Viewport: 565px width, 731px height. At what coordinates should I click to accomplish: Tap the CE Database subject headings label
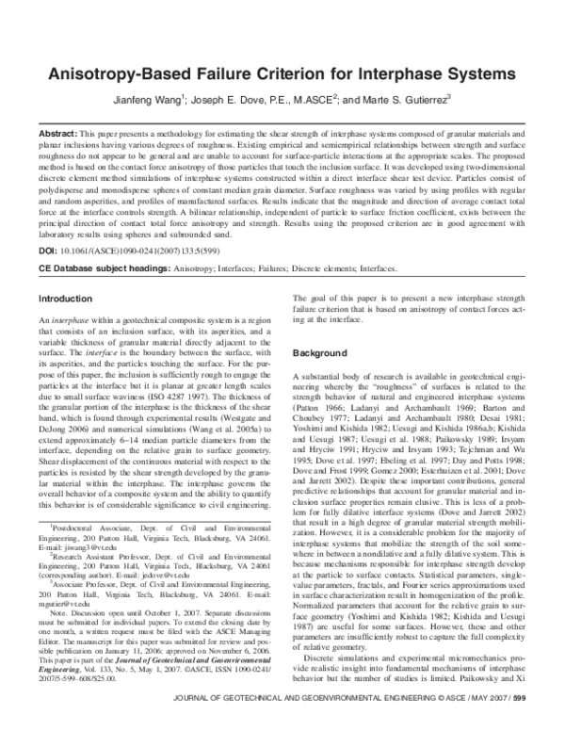click(x=99, y=268)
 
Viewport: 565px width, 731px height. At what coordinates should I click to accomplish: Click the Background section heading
click(x=323, y=351)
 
